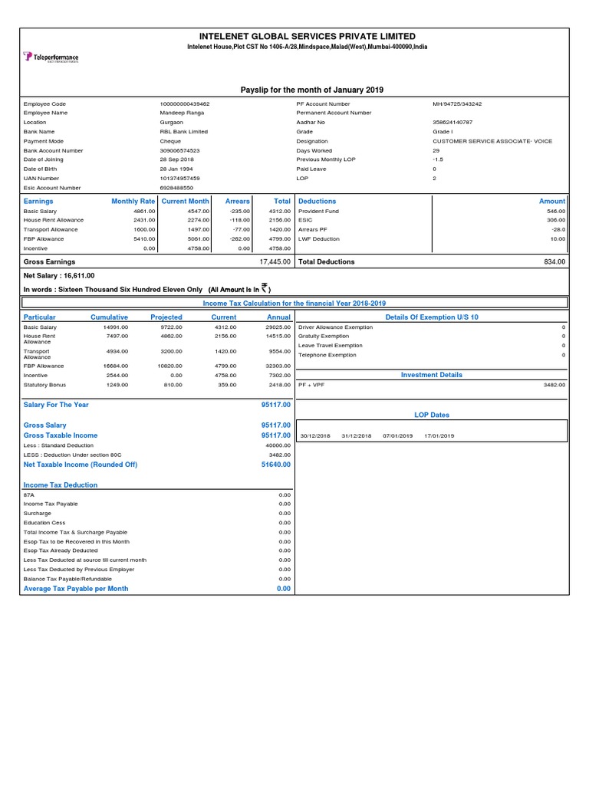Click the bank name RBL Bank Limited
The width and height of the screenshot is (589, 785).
pyautogui.click(x=184, y=132)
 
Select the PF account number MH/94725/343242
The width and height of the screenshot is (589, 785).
pyautogui.click(x=457, y=103)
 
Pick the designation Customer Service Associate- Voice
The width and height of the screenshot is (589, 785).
pyautogui.click(x=492, y=141)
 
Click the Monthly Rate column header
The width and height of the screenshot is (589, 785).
pyautogui.click(x=133, y=201)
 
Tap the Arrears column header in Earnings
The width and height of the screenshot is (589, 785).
pyautogui.click(x=237, y=201)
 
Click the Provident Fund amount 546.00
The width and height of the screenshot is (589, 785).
pyautogui.click(x=555, y=211)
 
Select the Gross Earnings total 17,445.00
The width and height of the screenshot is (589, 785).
pyautogui.click(x=275, y=261)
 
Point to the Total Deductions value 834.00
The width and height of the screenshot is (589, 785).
pyautogui.click(x=554, y=261)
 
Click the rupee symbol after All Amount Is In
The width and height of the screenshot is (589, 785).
pyautogui.click(x=265, y=288)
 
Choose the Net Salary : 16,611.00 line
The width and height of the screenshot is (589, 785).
pyautogui.click(x=60, y=275)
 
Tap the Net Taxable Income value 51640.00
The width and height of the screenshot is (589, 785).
pyautogui.click(x=276, y=464)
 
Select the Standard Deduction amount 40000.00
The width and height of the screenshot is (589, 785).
pyautogui.click(x=278, y=445)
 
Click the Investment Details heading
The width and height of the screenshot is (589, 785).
pyautogui.click(x=432, y=375)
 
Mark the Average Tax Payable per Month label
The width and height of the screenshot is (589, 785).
pyautogui.click(x=76, y=589)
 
